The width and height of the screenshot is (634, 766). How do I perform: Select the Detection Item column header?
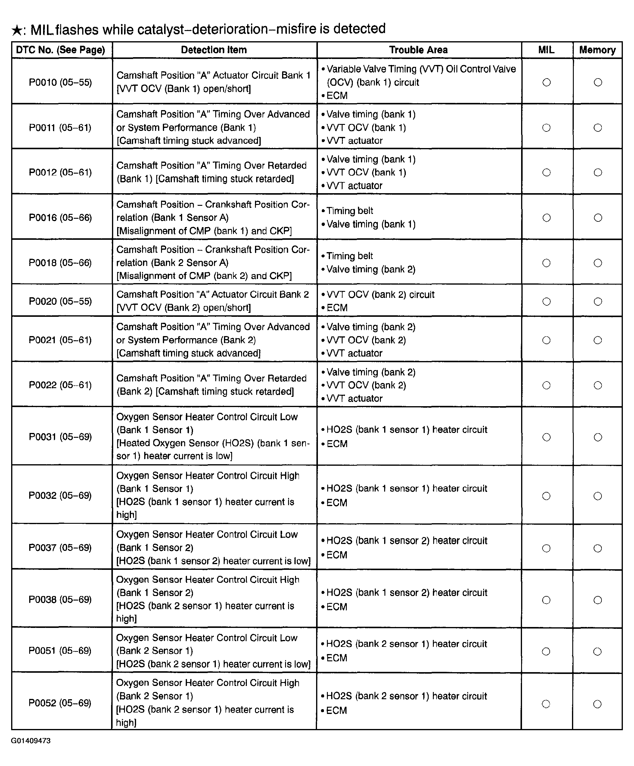coord(214,50)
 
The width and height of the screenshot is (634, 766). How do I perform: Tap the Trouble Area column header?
coord(418,50)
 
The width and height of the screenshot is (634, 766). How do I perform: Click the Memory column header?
coord(597,50)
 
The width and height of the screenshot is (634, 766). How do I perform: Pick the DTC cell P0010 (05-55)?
coord(60,82)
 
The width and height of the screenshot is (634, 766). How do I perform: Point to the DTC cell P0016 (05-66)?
coord(60,218)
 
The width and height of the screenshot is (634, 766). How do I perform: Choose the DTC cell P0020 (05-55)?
coord(60,301)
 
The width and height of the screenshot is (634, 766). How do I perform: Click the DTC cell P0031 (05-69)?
coord(60,437)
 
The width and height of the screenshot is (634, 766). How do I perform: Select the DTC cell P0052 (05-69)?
coord(60,703)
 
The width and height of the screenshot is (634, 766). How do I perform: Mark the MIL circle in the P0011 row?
coord(546,128)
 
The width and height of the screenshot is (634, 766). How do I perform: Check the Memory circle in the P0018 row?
coord(598,263)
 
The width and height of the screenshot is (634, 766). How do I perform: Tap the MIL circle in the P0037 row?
coord(546,548)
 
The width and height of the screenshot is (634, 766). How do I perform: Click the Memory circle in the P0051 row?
coord(597,651)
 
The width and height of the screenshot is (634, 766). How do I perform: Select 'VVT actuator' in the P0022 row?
coord(354,398)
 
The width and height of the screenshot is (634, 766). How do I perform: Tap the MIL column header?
coord(546,50)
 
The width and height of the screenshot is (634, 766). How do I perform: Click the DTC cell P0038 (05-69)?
coord(60,600)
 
